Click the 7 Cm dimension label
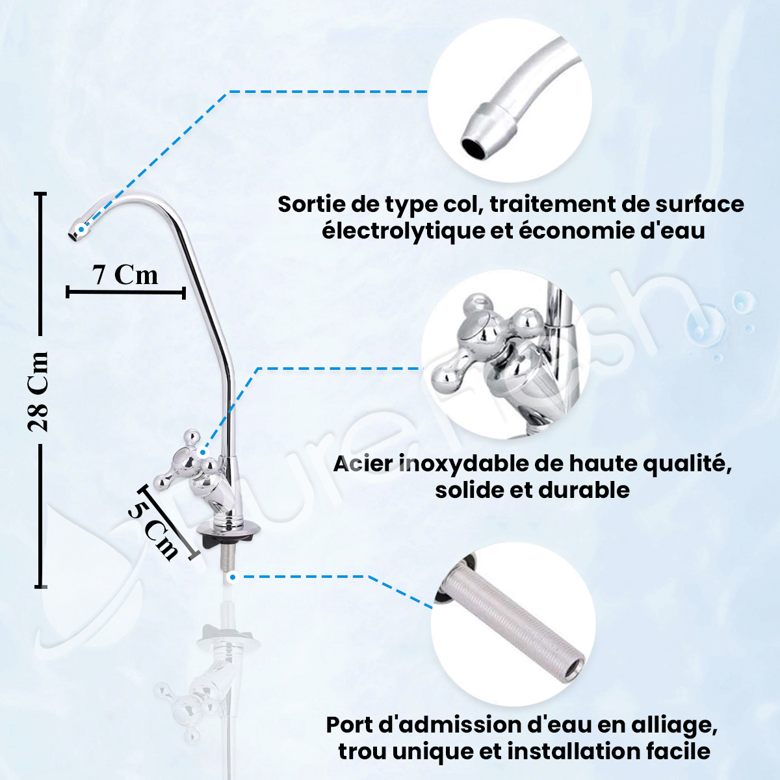point(125,275)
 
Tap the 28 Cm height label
point(38,391)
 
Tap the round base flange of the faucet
point(228,529)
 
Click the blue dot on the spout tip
point(81,229)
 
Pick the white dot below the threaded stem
point(232,577)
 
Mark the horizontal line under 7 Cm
point(125,292)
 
